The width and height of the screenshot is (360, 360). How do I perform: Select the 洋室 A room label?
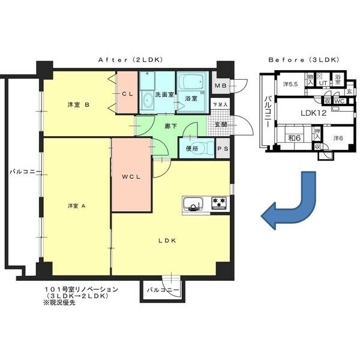pos(77,206)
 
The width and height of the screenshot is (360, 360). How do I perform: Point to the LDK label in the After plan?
pos(166,241)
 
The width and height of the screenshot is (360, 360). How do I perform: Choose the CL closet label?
pos(127,94)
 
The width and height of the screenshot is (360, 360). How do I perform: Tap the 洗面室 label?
pos(164,95)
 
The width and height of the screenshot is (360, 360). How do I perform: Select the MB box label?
pos(220,86)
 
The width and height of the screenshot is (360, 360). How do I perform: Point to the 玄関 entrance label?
pos(220,125)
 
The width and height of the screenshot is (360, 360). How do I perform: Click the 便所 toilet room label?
pos(192,148)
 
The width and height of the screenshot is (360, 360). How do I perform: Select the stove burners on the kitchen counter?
pos(218,204)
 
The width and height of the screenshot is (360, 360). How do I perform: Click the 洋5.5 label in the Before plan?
pos(291,83)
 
